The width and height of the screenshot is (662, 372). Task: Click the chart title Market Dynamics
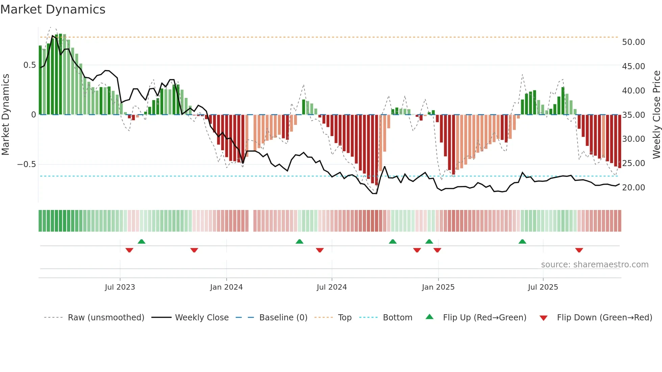[53, 9]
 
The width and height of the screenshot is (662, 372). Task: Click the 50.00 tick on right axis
[633, 42]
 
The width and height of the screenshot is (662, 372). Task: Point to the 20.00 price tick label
[633, 188]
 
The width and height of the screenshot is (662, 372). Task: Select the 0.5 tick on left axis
[29, 65]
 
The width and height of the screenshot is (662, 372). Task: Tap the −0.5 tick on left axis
[27, 164]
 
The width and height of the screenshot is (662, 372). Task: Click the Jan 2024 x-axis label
[226, 287]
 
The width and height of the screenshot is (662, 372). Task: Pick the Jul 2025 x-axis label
[543, 287]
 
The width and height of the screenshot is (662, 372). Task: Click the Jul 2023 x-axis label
[120, 287]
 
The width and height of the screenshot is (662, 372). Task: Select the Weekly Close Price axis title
[656, 115]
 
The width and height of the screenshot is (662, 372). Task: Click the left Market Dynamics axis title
[6, 115]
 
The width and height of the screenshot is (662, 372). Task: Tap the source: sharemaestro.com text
[594, 265]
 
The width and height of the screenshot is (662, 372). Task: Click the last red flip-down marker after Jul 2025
[579, 250]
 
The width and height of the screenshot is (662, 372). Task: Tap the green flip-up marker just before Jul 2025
[522, 242]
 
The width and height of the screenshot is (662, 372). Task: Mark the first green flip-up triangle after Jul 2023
[142, 242]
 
